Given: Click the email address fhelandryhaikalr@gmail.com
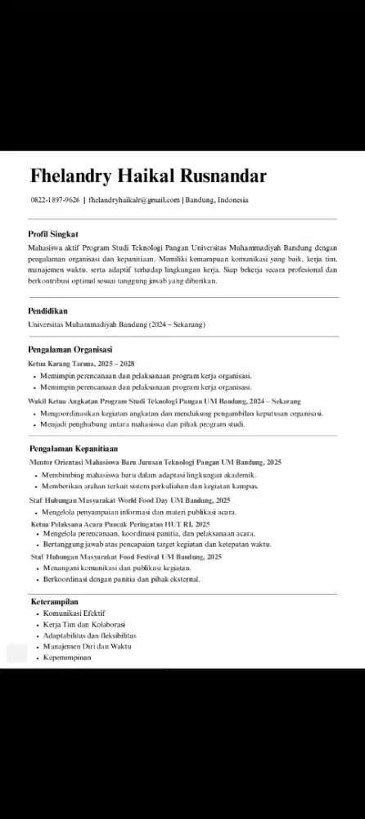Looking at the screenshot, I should point(133,200).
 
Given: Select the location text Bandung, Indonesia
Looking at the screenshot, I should point(217,200).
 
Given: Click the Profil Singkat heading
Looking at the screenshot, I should point(53,234).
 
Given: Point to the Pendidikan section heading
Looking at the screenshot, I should point(47,311).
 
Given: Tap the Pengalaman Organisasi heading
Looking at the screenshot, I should point(70,350).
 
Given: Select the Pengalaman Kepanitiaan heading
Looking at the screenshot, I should point(73,449).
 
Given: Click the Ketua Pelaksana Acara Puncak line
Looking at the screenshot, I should point(120,523).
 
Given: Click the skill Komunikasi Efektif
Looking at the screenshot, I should point(74,613).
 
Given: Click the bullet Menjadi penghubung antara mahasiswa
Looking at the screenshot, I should point(142,425).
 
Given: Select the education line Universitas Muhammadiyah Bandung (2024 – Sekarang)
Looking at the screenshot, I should point(116,324).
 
